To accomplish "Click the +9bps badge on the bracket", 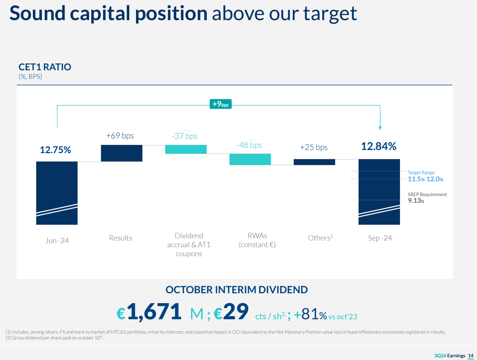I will (x=220, y=104).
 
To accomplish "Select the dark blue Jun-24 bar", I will (x=57, y=193).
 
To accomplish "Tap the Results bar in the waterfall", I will (x=122, y=153).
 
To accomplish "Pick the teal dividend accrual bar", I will (x=186, y=149).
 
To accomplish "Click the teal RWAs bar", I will (x=250, y=159).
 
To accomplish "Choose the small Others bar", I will (x=314, y=162).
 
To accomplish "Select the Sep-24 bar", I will (x=379, y=192).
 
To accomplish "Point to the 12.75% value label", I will (x=55, y=150).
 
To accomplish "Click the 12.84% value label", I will (x=379, y=146).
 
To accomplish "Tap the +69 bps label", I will (x=120, y=136).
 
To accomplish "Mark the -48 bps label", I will (x=249, y=145).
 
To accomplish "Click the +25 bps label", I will (x=314, y=147).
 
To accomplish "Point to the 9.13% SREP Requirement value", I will (x=416, y=201).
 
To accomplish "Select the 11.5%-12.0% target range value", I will (x=425, y=179).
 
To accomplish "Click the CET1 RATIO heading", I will (x=45, y=67).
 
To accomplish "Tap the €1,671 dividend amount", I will (x=149, y=312).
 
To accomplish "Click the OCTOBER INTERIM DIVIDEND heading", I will (x=237, y=290).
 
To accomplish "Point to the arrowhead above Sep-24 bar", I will (x=380, y=128).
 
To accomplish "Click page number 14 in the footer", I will (x=470, y=356).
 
